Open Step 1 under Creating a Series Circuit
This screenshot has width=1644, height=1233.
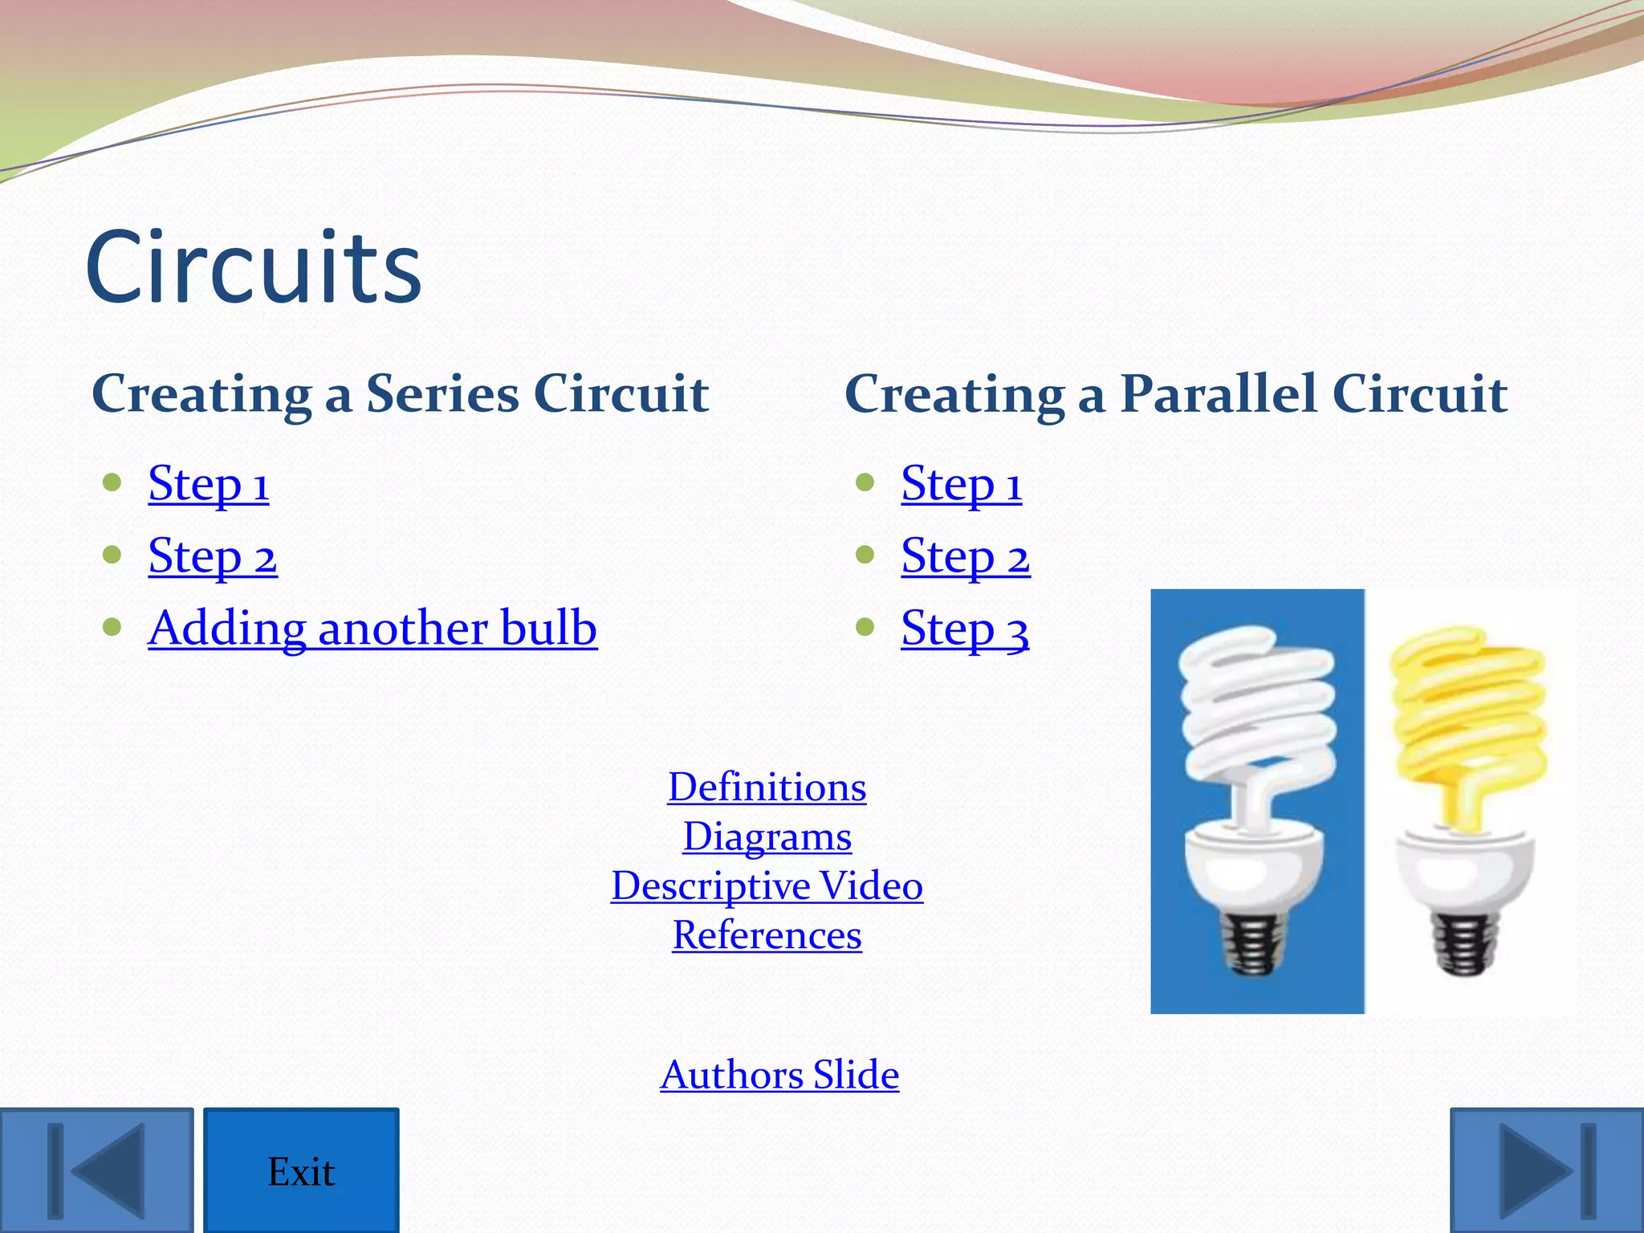pos(208,484)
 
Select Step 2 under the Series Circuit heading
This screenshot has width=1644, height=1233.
pos(212,556)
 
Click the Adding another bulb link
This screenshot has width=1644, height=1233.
pos(372,629)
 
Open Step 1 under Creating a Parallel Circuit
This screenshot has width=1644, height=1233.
pos(961,484)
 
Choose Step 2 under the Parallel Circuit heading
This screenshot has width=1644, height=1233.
pos(965,556)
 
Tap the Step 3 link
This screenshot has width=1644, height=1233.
pos(964,629)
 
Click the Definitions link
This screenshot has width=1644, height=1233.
pos(767,787)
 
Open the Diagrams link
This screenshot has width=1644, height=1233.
pos(767,836)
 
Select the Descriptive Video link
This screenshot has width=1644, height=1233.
pos(767,885)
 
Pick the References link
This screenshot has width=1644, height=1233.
pos(767,935)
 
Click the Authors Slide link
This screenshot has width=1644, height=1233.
pos(779,1074)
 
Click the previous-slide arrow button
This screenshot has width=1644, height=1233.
pos(96,1170)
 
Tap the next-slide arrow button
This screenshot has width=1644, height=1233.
pos(1547,1170)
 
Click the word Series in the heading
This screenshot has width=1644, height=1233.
pos(442,394)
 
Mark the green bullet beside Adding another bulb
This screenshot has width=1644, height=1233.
pos(112,626)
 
